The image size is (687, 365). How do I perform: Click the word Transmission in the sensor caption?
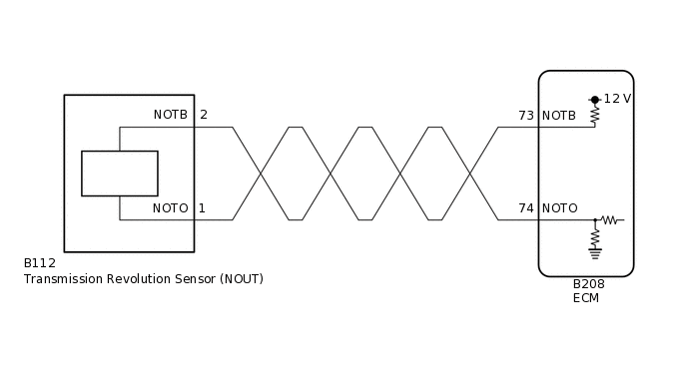tap(62, 279)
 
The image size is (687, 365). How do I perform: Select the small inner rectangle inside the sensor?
tap(119, 174)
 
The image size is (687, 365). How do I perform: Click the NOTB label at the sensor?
tap(170, 115)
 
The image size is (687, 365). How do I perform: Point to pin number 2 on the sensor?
tap(203, 115)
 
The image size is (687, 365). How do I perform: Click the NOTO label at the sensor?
tap(170, 208)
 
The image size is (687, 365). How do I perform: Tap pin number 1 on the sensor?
tap(202, 208)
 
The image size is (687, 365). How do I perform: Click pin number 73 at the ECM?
tap(526, 116)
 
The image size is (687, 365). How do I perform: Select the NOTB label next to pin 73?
tap(559, 116)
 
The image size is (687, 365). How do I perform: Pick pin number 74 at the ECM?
tap(526, 208)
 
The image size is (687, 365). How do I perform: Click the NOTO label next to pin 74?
tap(560, 208)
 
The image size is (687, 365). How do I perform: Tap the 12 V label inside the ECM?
tap(618, 99)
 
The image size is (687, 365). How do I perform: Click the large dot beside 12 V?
tap(595, 100)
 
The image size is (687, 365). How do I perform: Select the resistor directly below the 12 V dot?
tap(595, 115)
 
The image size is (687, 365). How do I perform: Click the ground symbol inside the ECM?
tap(595, 252)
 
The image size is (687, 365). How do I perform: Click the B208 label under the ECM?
tap(588, 284)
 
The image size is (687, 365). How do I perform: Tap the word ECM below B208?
tap(586, 298)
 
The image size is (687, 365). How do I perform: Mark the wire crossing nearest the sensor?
tap(261, 174)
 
